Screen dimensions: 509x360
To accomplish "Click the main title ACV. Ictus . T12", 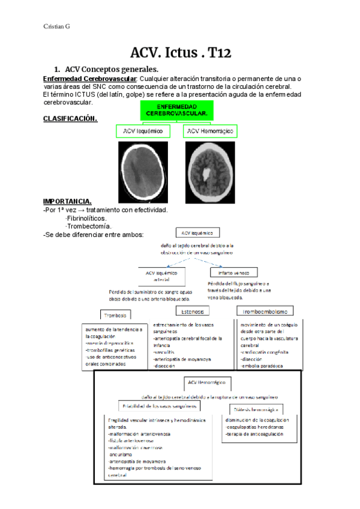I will point(181,53).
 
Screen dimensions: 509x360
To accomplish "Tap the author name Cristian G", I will point(57,26).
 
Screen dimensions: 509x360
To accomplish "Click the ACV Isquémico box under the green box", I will point(143,131).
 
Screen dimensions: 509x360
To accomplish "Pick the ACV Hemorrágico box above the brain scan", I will point(211,131).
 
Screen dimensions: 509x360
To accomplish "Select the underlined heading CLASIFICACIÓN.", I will point(70,119).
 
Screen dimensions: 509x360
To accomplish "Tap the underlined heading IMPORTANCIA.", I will point(67,200).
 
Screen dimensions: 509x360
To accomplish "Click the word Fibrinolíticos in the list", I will point(86,218).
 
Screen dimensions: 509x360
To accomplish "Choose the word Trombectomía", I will point(88,226).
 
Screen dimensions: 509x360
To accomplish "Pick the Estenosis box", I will point(193,312).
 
